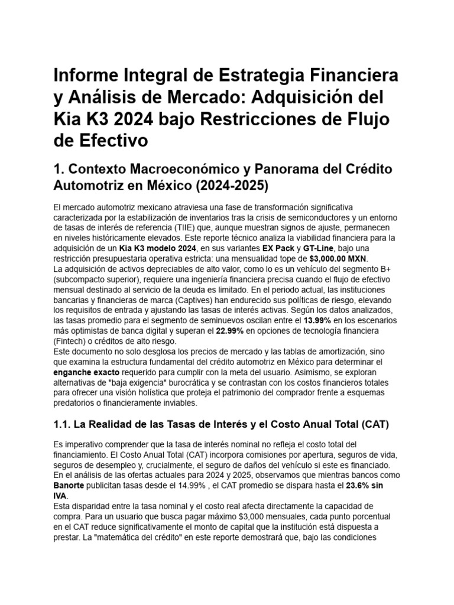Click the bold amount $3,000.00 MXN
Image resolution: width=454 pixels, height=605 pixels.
339,259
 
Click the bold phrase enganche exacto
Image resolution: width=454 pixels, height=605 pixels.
85,373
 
